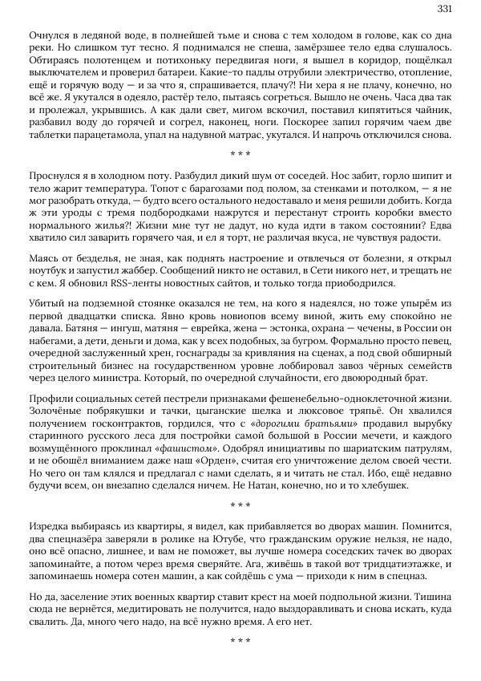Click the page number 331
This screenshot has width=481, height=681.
445,9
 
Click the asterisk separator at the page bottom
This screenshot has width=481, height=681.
240,641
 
